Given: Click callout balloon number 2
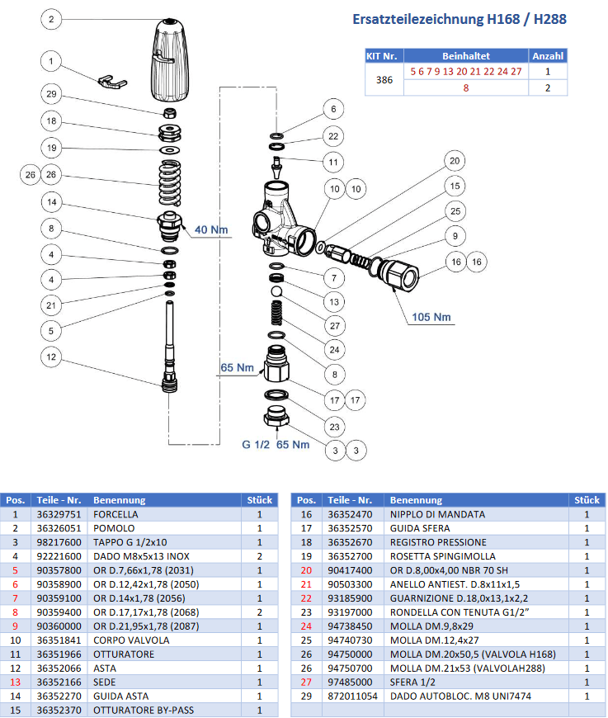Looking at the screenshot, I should click(x=51, y=19).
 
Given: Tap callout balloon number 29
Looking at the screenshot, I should click(x=51, y=94).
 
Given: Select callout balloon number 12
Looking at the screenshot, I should click(x=51, y=357).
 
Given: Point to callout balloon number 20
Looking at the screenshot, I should click(x=453, y=160).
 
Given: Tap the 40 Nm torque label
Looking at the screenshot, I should click(x=210, y=229).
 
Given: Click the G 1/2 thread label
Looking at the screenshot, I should click(x=257, y=445).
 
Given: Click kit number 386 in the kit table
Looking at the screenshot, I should click(x=383, y=79).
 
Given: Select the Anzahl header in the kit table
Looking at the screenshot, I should click(x=547, y=56).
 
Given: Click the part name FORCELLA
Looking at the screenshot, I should click(x=115, y=513).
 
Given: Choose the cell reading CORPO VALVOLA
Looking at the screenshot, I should click(x=131, y=640).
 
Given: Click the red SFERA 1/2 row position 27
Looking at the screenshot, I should click(x=306, y=683).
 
